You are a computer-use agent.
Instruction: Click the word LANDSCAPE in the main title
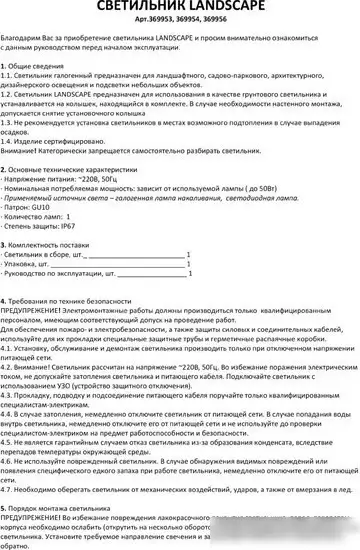coord(233,8)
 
